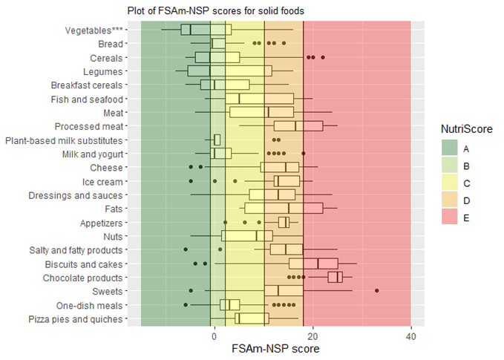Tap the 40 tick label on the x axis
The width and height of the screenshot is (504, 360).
point(410,335)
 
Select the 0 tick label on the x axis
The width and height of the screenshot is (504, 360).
point(214,335)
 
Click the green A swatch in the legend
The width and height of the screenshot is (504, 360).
point(450,148)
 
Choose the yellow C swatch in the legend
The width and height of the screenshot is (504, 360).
point(450,182)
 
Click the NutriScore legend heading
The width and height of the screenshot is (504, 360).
point(465,128)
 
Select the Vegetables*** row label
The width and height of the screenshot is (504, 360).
point(94,30)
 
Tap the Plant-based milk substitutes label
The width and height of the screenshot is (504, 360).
point(63,140)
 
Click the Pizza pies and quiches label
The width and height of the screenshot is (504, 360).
point(75,319)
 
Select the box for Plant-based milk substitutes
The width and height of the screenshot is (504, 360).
point(217,140)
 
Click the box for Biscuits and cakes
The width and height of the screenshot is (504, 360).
point(313,264)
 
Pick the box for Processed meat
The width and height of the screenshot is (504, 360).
point(298,126)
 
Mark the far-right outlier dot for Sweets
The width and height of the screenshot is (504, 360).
point(377,291)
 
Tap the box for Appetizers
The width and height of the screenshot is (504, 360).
point(284,222)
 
